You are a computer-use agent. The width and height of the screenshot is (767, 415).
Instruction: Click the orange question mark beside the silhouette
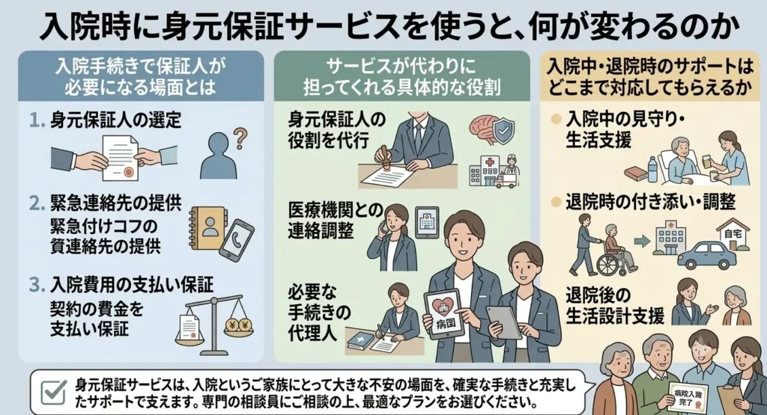click(x=240, y=138)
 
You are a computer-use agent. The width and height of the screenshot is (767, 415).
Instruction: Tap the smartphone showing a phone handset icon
click(x=236, y=240)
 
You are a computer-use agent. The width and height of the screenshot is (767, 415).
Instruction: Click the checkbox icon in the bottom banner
click(x=53, y=392)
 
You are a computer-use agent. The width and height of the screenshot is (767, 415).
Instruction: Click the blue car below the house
click(x=705, y=253)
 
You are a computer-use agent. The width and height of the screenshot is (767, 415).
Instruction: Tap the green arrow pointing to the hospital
click(x=641, y=241)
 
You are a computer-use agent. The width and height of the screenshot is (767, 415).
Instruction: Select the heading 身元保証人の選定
click(x=115, y=120)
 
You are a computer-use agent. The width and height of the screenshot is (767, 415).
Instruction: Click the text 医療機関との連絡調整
click(x=336, y=221)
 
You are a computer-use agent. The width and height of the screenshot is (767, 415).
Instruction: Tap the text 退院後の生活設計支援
click(x=615, y=306)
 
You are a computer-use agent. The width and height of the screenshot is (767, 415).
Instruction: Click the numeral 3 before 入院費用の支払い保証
click(x=36, y=285)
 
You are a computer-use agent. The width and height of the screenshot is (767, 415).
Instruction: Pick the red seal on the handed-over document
click(x=129, y=171)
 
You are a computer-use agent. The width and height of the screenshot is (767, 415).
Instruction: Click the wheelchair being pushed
click(x=618, y=256)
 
